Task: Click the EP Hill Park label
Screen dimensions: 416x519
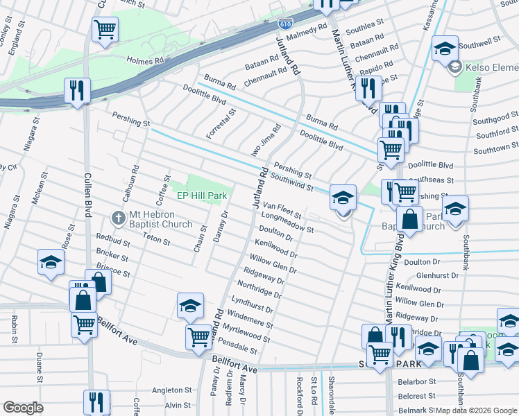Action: coord(202,196)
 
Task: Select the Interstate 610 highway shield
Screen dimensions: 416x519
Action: coord(286,24)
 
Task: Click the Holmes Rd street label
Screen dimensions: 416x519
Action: coord(144,60)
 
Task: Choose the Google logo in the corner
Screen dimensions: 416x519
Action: coord(23,408)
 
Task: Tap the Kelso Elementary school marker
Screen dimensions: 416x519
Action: coord(455,67)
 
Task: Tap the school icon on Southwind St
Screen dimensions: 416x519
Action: coord(343,197)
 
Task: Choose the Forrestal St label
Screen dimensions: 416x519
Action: coord(221,123)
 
